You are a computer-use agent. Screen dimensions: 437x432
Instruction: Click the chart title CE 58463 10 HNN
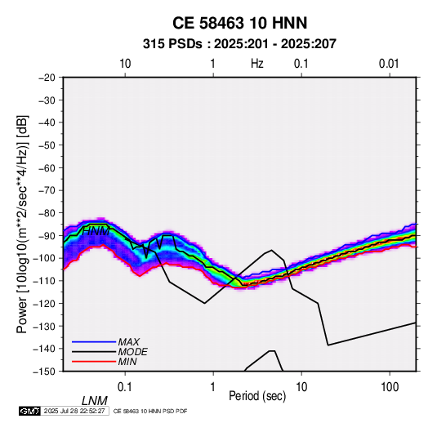point(239,23)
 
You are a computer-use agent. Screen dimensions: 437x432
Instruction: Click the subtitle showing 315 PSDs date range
point(239,44)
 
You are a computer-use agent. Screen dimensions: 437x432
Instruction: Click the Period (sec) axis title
point(257,396)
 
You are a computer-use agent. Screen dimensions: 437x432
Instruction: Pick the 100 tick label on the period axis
point(390,387)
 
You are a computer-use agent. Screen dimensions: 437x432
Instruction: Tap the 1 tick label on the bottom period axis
point(213,387)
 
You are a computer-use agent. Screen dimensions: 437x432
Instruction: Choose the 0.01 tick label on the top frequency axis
point(389,64)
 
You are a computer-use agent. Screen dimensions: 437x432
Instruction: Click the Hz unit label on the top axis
point(257,64)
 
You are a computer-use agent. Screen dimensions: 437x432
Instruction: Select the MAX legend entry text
point(129,341)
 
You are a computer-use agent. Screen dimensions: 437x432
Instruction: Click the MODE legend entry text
point(132,352)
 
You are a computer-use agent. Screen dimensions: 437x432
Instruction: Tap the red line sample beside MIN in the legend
point(94,362)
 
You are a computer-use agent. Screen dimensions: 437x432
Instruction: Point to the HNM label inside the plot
point(96,231)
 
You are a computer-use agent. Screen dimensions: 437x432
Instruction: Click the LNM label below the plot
point(95,401)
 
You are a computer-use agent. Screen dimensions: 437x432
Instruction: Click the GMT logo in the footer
point(30,411)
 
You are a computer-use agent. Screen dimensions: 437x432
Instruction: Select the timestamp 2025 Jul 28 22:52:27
point(74,411)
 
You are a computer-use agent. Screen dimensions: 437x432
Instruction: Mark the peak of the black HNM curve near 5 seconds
point(271,250)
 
